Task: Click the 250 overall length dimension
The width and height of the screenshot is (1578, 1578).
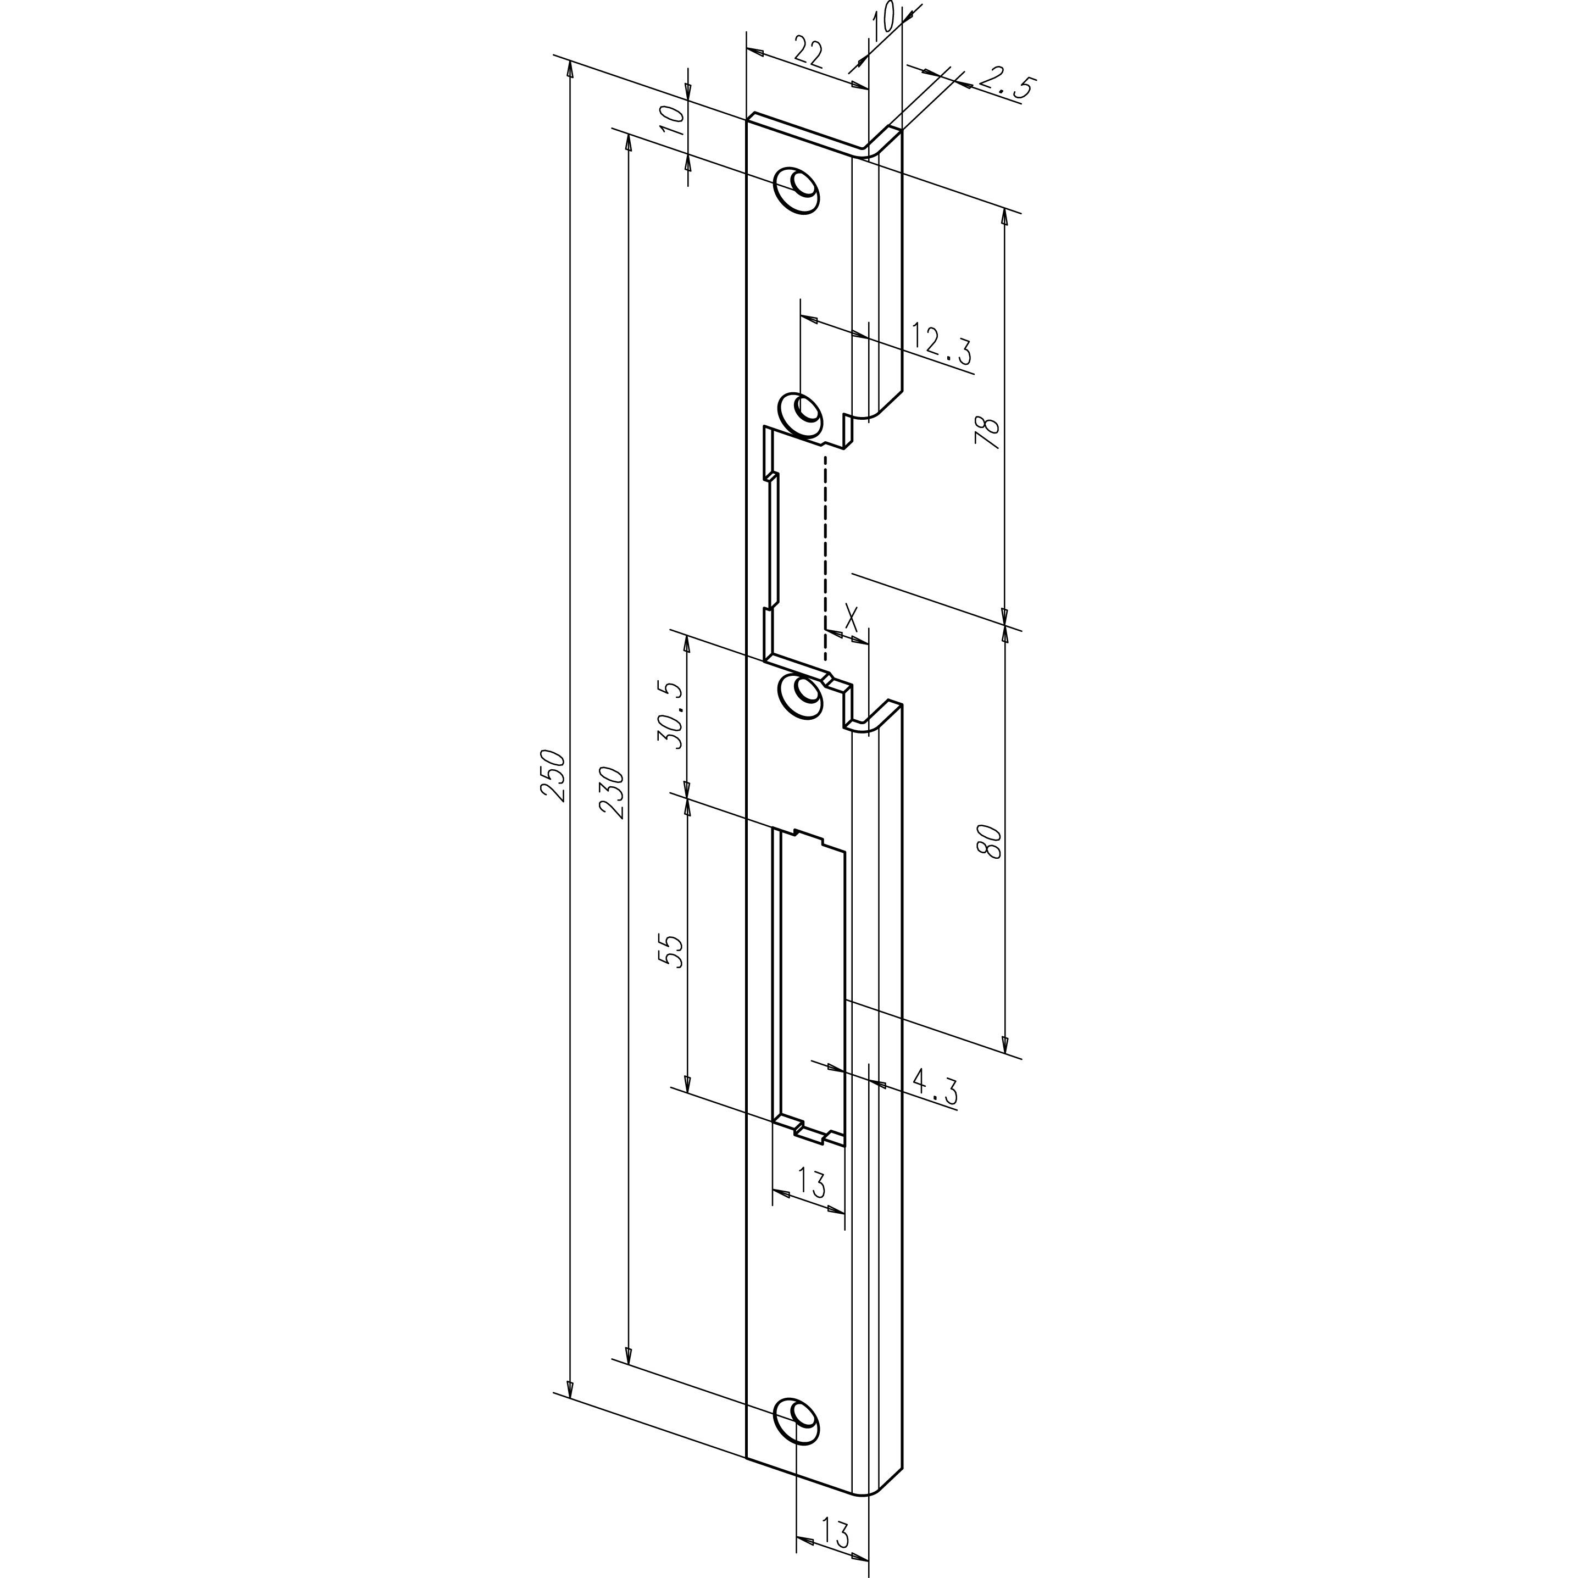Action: coord(553,775)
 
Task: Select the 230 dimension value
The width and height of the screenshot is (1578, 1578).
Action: coord(612,791)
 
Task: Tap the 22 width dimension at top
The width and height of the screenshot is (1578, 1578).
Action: coord(807,53)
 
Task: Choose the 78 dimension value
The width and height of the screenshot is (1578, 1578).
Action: coord(987,432)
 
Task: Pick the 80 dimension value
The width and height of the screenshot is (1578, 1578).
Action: coord(988,841)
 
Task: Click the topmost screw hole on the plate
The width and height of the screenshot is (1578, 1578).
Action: coord(798,190)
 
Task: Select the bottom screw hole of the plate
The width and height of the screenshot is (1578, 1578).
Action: coord(796,1421)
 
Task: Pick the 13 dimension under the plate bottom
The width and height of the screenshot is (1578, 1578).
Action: coord(832,1532)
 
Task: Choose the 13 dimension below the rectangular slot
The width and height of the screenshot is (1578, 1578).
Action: coord(811,1183)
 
